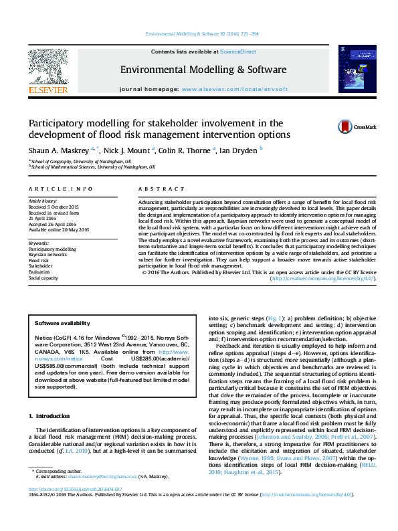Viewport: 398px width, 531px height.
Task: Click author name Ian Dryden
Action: pyautogui.click(x=239, y=150)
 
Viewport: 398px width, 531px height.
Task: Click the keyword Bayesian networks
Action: pyautogui.click(x=47, y=255)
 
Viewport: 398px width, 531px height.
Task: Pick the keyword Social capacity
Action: pyautogui.click(x=43, y=278)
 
